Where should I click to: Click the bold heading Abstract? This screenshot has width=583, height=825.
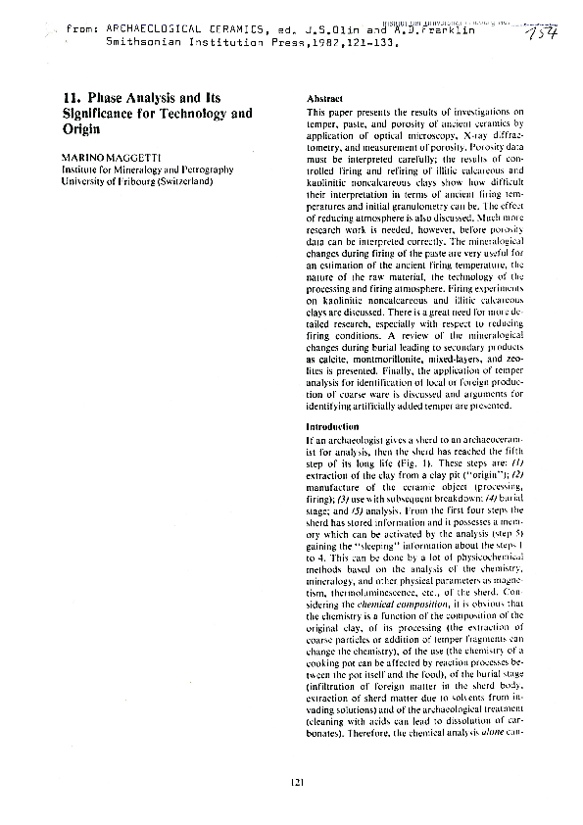[x=323, y=100]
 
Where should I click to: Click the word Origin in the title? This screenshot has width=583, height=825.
[x=82, y=129]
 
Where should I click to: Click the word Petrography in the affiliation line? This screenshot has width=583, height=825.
[x=200, y=170]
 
